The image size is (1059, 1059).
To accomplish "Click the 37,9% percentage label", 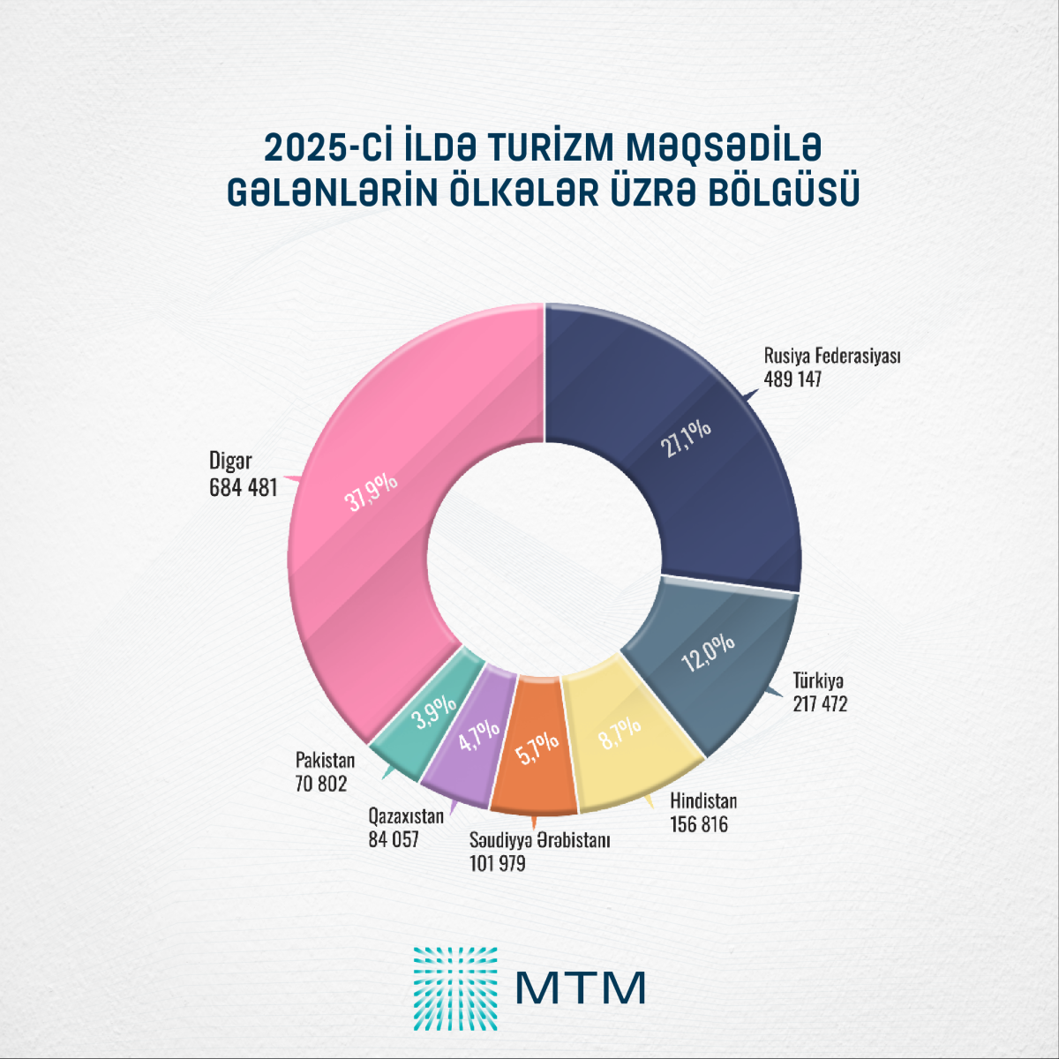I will pos(371,492).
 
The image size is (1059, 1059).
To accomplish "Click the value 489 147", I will pos(792,379).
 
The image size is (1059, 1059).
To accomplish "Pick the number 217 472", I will pos(820,704).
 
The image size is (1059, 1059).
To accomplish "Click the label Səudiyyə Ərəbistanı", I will pos(540,840).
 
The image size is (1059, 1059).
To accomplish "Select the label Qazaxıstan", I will pos(406,816).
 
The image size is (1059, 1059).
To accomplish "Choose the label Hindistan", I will pos(703,801).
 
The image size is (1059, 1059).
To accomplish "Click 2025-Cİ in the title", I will pos(327,147).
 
